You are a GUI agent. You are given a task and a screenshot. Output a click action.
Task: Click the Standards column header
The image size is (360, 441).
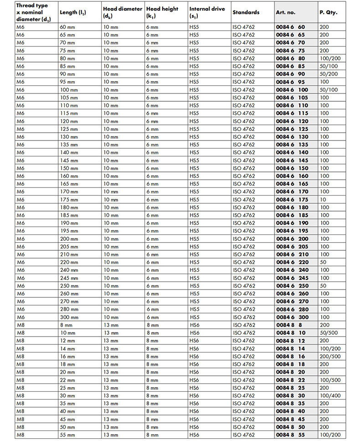[246, 12]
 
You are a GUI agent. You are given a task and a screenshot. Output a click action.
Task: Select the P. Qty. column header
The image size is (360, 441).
[328, 12]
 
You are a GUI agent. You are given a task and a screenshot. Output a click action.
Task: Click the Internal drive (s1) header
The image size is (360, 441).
[207, 12]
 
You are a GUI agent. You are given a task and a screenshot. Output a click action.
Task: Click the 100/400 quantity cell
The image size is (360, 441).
[330, 395]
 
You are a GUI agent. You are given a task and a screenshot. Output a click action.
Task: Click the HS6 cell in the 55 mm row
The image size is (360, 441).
[195, 435]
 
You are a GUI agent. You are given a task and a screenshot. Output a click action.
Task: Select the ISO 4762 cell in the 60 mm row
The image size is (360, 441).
[244, 27]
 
